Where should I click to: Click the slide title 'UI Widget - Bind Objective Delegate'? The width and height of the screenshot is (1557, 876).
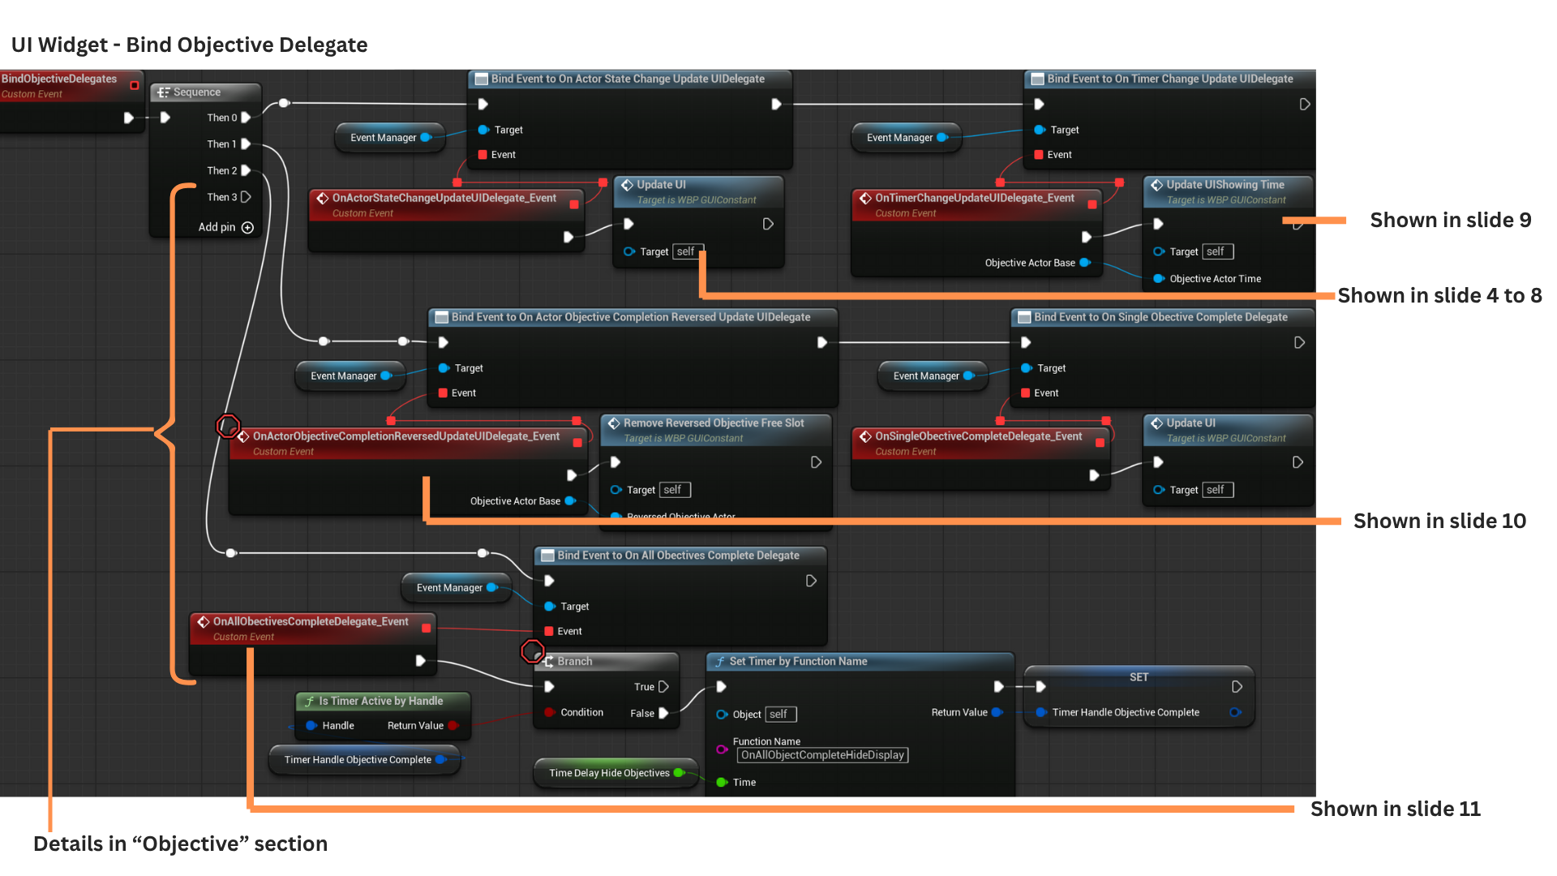[x=189, y=45]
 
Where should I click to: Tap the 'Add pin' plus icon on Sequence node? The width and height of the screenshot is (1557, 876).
[x=247, y=228]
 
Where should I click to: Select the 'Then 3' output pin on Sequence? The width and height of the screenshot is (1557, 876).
[x=246, y=197]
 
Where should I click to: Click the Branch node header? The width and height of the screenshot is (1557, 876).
[x=574, y=662]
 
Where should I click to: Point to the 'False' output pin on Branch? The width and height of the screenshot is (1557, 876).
[x=663, y=714]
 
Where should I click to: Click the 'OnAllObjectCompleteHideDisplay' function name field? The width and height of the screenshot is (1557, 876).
[x=821, y=755]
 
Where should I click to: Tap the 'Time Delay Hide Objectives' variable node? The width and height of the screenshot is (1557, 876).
[x=609, y=773]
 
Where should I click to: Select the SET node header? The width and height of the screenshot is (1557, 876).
[x=1139, y=677]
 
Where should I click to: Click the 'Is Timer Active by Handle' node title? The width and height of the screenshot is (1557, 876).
[x=380, y=701]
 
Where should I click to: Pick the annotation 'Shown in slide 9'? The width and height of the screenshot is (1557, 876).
[x=1450, y=221]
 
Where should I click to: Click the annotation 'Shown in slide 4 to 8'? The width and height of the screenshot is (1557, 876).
[x=1439, y=296]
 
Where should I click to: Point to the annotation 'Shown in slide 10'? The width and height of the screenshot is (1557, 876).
[x=1439, y=522]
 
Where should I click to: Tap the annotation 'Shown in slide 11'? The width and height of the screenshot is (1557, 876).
[x=1395, y=809]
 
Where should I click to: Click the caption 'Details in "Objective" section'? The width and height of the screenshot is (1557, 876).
[x=180, y=844]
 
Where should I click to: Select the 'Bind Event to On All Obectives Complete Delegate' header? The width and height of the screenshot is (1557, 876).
[x=678, y=556]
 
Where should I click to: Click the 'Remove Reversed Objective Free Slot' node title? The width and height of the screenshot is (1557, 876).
[x=714, y=423]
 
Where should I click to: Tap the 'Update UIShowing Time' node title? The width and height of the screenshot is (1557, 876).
[x=1225, y=185]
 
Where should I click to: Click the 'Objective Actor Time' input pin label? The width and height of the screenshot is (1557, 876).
[x=1215, y=279]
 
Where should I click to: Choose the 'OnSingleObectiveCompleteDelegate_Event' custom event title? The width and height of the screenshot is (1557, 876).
[x=978, y=436]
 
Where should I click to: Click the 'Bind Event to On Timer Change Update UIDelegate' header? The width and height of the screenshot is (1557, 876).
[x=1169, y=79]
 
